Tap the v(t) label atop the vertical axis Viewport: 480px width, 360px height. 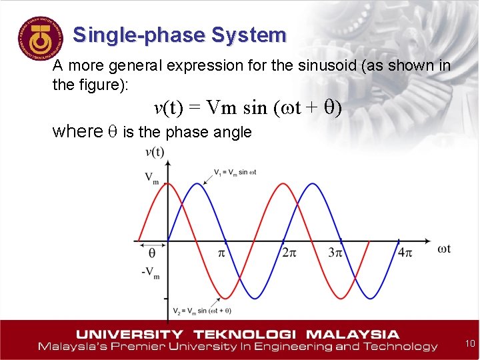click(x=155, y=153)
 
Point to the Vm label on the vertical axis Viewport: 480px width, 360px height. click(x=152, y=178)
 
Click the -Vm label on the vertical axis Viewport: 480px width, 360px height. click(x=150, y=273)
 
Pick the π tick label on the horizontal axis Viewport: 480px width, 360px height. click(x=222, y=253)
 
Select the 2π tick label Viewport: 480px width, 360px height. click(x=288, y=253)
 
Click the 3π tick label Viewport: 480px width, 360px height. click(x=335, y=253)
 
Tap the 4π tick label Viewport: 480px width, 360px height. click(x=405, y=253)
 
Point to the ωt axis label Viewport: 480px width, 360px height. click(x=444, y=249)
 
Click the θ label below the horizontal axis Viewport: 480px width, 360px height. click(x=151, y=254)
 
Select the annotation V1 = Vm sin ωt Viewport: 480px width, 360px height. click(x=235, y=172)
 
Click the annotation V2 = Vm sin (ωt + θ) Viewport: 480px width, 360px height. click(x=202, y=311)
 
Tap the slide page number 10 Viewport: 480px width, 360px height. click(x=469, y=344)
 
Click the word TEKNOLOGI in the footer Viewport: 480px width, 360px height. click(x=239, y=334)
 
